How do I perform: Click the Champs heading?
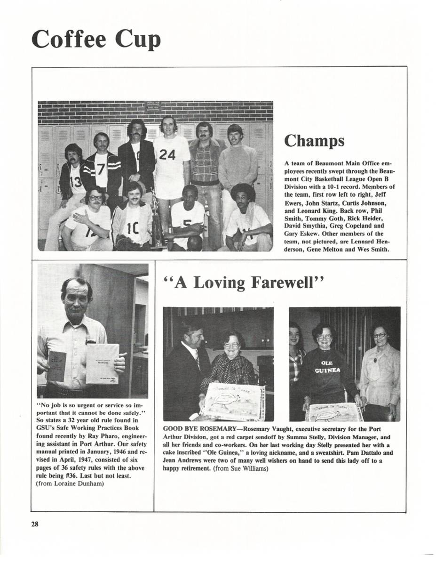coord(314,140)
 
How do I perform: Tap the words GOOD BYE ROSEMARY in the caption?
coord(199,429)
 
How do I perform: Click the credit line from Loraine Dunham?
coord(70,486)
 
